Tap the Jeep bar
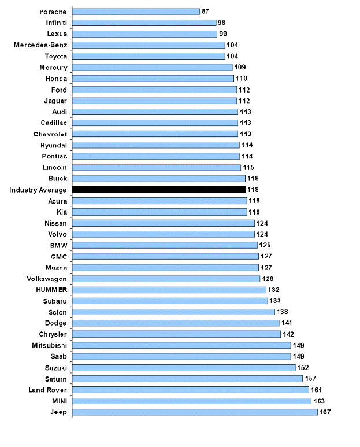195,412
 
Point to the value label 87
205,12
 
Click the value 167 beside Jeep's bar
325,412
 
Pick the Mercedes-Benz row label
40,45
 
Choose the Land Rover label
48,390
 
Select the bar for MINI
192,401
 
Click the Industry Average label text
38,190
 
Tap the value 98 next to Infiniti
221,23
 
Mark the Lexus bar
145,34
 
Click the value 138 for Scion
282,312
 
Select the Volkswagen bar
166,279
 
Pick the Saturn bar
188,379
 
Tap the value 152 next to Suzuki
303,367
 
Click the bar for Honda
153,79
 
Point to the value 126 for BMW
265,245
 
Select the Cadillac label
54,123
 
